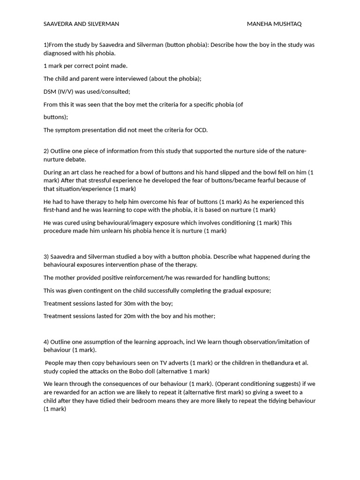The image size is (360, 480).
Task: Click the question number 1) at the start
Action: click(x=46, y=45)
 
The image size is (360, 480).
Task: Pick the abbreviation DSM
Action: click(x=50, y=91)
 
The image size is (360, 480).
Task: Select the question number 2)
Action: click(x=46, y=151)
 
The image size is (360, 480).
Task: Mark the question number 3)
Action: click(x=46, y=256)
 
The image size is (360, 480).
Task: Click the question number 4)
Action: click(x=46, y=342)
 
